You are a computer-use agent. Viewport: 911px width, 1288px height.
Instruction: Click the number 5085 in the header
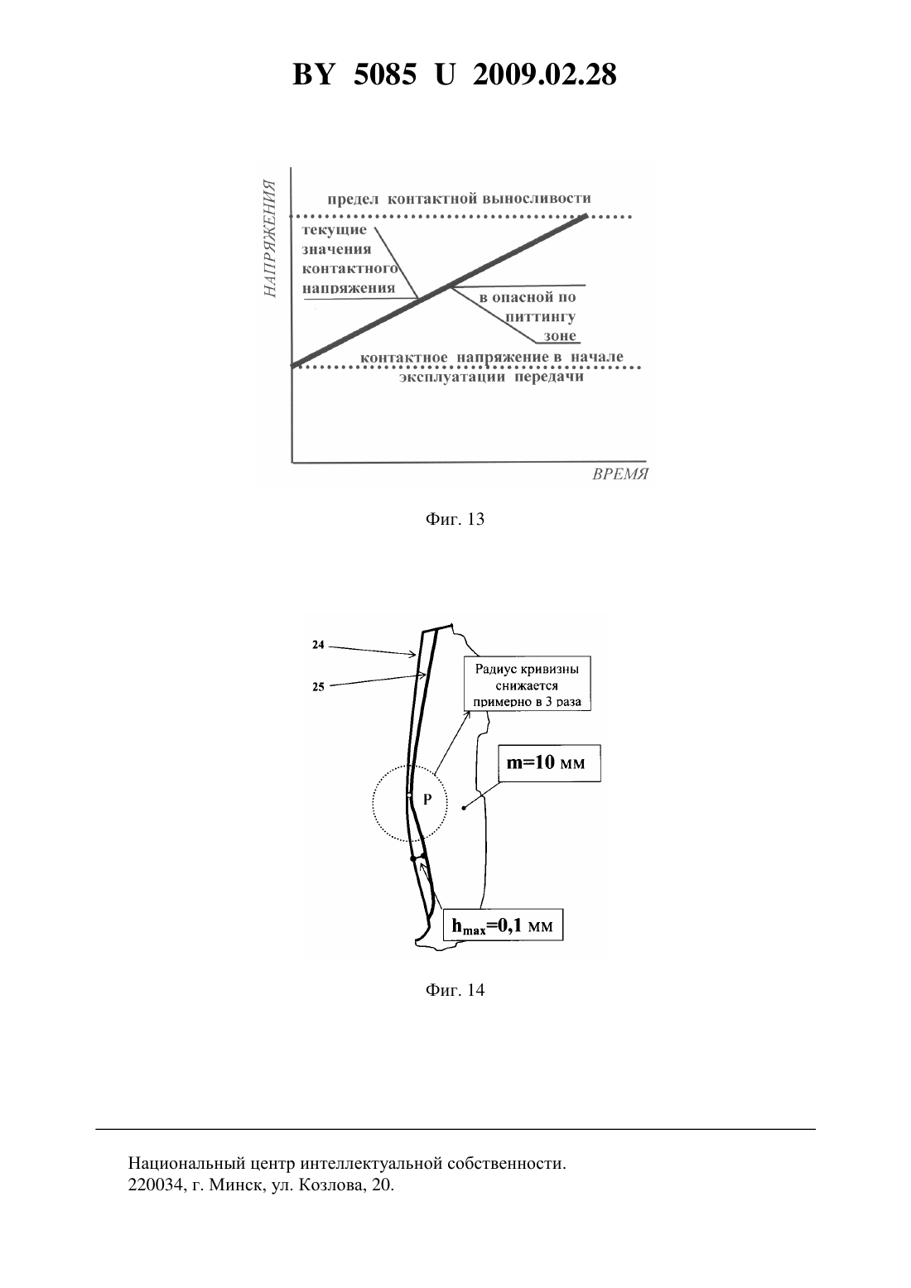(385, 74)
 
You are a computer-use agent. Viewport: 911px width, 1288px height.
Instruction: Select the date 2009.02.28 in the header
(545, 74)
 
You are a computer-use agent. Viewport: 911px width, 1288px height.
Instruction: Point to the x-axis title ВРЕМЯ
(620, 474)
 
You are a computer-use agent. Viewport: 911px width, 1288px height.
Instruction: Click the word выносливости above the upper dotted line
(537, 199)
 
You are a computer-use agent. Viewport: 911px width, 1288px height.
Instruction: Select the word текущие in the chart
(334, 230)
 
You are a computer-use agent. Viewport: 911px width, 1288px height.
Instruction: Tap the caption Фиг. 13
(455, 519)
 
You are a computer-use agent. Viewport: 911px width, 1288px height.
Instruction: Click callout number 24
(318, 645)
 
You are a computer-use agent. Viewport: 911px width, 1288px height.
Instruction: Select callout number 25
(318, 686)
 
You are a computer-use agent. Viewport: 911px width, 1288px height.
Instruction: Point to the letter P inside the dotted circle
(427, 800)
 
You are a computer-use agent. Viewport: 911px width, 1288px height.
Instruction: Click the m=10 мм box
(549, 763)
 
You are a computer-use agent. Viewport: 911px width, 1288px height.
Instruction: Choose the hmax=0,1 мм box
(503, 925)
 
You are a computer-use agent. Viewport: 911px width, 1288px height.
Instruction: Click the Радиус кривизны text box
(528, 684)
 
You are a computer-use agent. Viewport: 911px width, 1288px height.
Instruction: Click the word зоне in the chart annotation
(560, 336)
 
